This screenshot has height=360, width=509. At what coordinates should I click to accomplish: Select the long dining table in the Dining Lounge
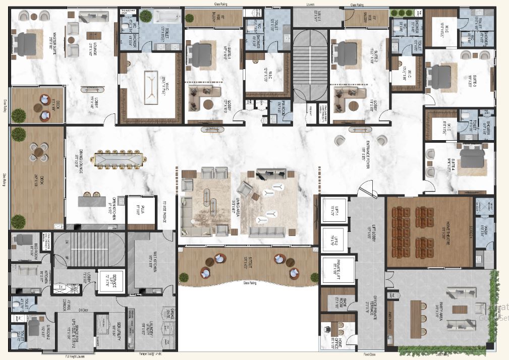119,160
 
